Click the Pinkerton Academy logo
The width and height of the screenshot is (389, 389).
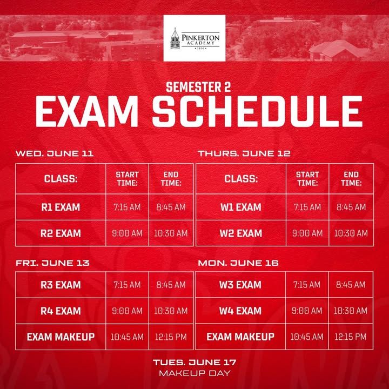coord(194,38)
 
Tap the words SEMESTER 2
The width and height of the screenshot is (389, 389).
coord(198,88)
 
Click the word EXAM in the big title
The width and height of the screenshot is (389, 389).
coord(87,111)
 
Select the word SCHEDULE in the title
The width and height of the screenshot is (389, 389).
coord(257,111)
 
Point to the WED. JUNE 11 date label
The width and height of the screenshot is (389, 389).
coord(55,153)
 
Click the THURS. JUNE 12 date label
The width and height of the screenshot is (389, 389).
coord(244,153)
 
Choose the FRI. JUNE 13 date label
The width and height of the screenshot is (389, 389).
coord(52,263)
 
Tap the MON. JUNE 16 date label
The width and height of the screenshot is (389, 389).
coord(238,263)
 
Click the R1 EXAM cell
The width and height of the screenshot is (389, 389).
coord(61,207)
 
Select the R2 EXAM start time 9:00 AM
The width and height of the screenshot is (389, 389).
coord(128,233)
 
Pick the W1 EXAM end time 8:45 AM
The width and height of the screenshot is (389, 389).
coord(351,207)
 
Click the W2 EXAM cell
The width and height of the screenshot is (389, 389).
coord(241,233)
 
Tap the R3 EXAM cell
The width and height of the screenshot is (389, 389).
coord(61,285)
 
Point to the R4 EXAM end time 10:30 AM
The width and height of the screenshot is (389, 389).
coord(171,311)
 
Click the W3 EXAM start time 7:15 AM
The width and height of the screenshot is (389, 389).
coord(307,285)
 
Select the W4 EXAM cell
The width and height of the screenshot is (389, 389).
coord(240,311)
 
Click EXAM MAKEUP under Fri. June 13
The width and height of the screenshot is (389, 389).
coord(61,337)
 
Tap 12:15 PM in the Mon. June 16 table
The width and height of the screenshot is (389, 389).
coord(351,337)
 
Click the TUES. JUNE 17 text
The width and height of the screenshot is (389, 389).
coord(194,363)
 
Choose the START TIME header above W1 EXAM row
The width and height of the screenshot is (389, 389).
coord(307,179)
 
